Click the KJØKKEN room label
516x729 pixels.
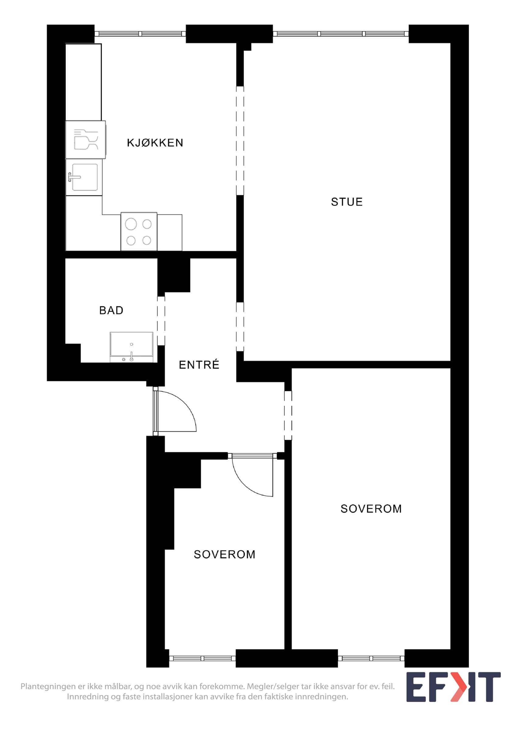(x=155, y=143)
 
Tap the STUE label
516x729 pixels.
(x=347, y=202)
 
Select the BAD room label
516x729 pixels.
(x=111, y=310)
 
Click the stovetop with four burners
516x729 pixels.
(x=139, y=231)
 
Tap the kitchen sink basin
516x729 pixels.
(x=85, y=177)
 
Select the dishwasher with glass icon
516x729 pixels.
(x=85, y=140)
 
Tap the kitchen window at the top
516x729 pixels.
(x=140, y=34)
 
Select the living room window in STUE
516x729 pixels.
(x=341, y=34)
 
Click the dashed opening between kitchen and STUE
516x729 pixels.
(x=240, y=141)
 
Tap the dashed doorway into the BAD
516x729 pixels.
(x=161, y=321)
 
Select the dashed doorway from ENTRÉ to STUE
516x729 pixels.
(x=240, y=327)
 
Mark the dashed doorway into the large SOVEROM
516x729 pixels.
(x=288, y=415)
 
